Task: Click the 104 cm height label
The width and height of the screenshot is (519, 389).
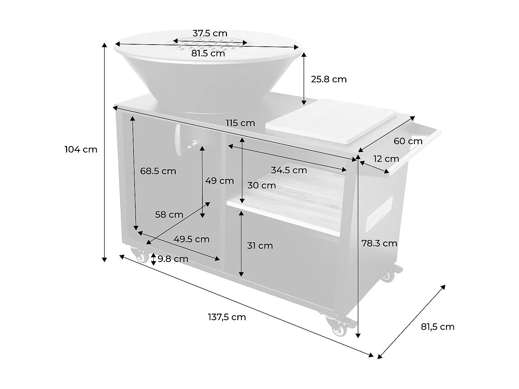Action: (x=81, y=149)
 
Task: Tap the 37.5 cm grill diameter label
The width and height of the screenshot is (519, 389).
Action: (x=210, y=33)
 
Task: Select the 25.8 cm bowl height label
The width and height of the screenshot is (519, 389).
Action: (x=328, y=79)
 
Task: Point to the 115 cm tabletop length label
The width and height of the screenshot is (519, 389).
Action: (x=240, y=123)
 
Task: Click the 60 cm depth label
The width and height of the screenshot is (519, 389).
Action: (x=408, y=141)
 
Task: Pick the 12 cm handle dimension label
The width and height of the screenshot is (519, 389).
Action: (x=386, y=159)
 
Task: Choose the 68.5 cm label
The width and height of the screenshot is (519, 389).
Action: (x=158, y=171)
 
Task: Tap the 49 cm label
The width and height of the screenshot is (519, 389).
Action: (x=219, y=180)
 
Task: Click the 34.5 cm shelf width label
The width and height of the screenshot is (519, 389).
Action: (x=289, y=170)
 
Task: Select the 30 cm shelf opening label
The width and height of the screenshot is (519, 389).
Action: (x=261, y=185)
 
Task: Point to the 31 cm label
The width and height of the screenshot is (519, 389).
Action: (x=259, y=246)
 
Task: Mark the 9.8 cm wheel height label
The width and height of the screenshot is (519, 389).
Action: (x=173, y=259)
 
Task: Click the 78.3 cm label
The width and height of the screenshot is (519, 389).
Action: (x=379, y=243)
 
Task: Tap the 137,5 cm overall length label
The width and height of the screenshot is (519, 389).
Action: (x=227, y=317)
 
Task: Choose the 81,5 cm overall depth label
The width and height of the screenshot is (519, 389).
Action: (x=437, y=327)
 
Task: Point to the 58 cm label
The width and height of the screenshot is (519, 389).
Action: (x=169, y=214)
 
